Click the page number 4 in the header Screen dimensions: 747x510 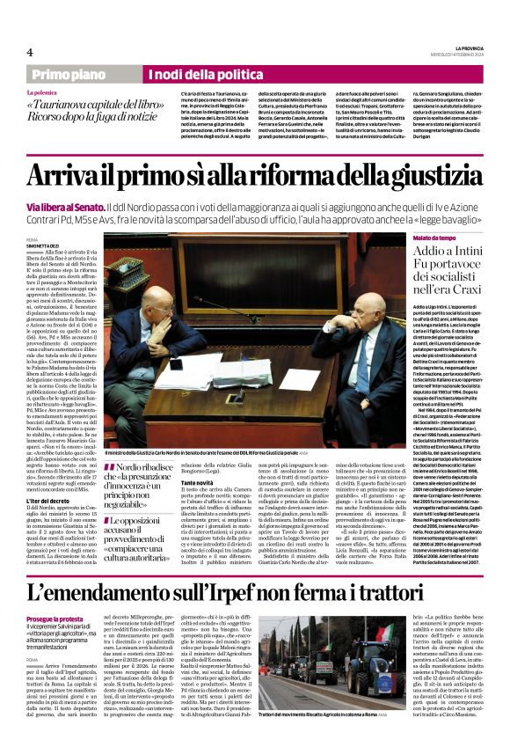point(30,51)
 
